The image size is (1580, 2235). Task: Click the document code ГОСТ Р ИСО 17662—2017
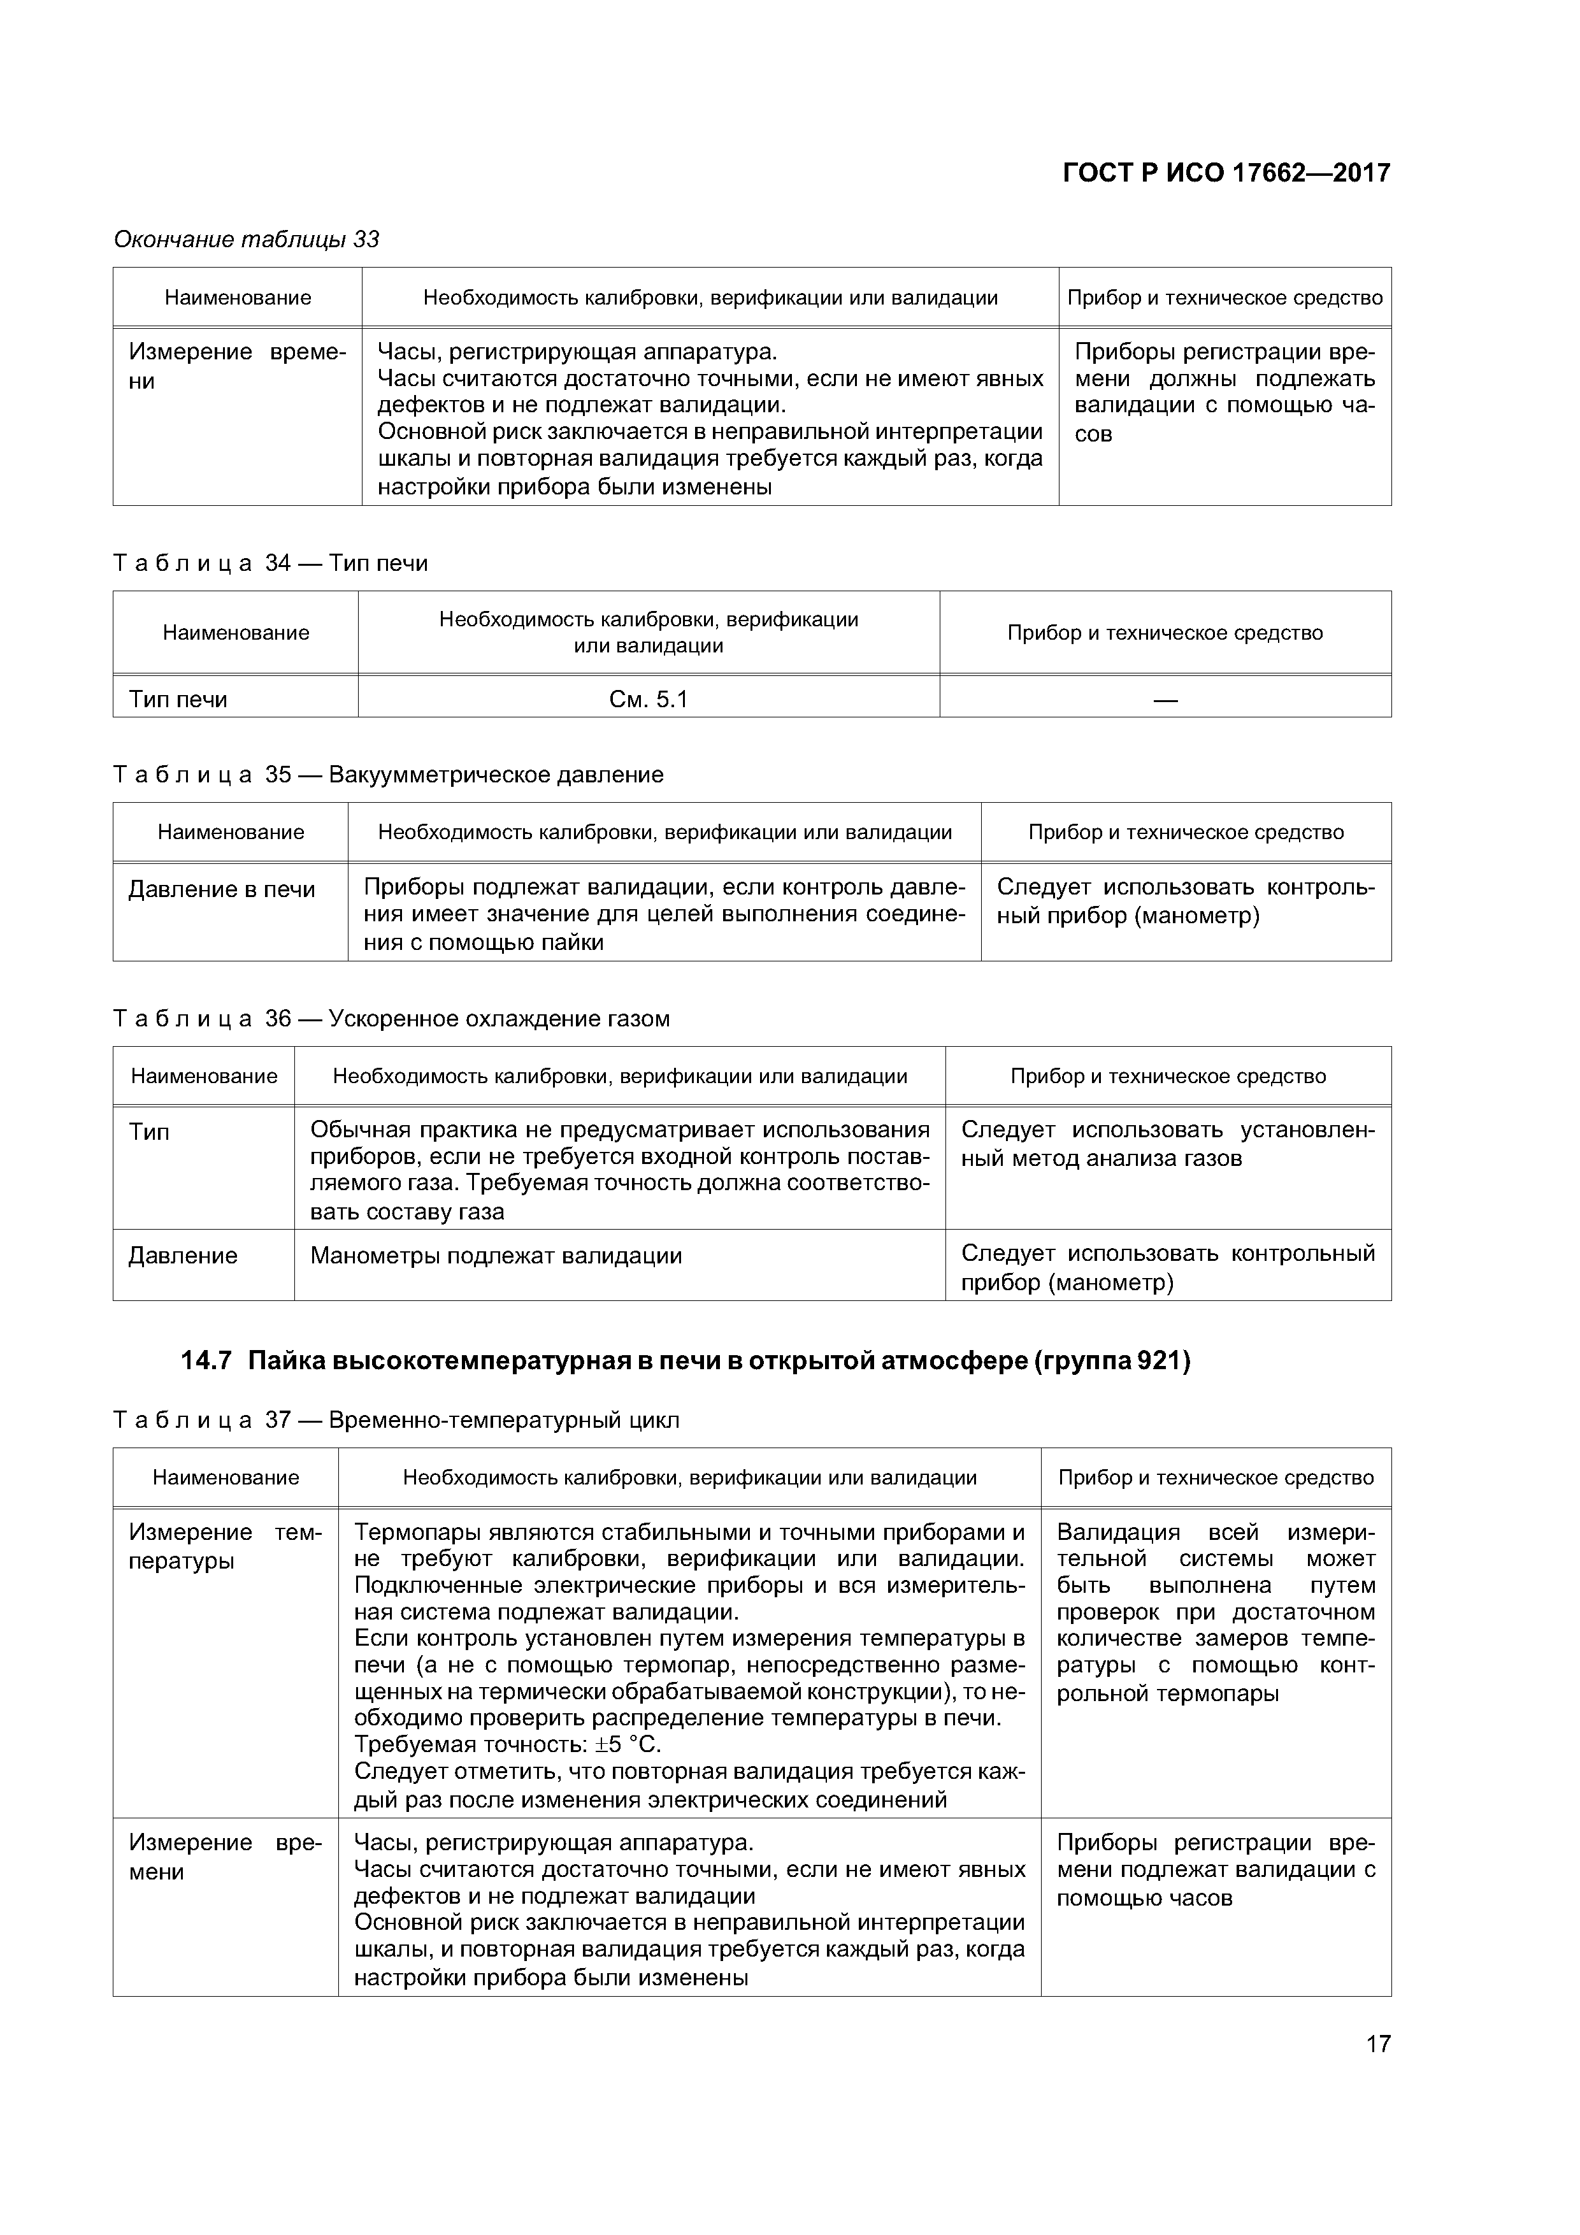[1226, 173]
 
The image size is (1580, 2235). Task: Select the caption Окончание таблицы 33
[247, 240]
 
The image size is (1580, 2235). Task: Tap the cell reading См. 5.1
[649, 699]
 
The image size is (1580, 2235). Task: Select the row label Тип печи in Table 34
[178, 699]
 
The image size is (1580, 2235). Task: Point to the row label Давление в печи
[222, 889]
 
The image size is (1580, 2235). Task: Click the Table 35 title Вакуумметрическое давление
[496, 775]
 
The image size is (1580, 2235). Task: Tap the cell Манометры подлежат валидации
[496, 1256]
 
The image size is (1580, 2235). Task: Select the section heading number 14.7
[205, 1361]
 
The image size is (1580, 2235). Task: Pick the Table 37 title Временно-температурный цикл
[503, 1420]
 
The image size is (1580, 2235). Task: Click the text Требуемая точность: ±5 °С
[507, 1743]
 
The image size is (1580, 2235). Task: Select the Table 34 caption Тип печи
[378, 564]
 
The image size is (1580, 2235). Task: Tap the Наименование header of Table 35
[231, 832]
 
